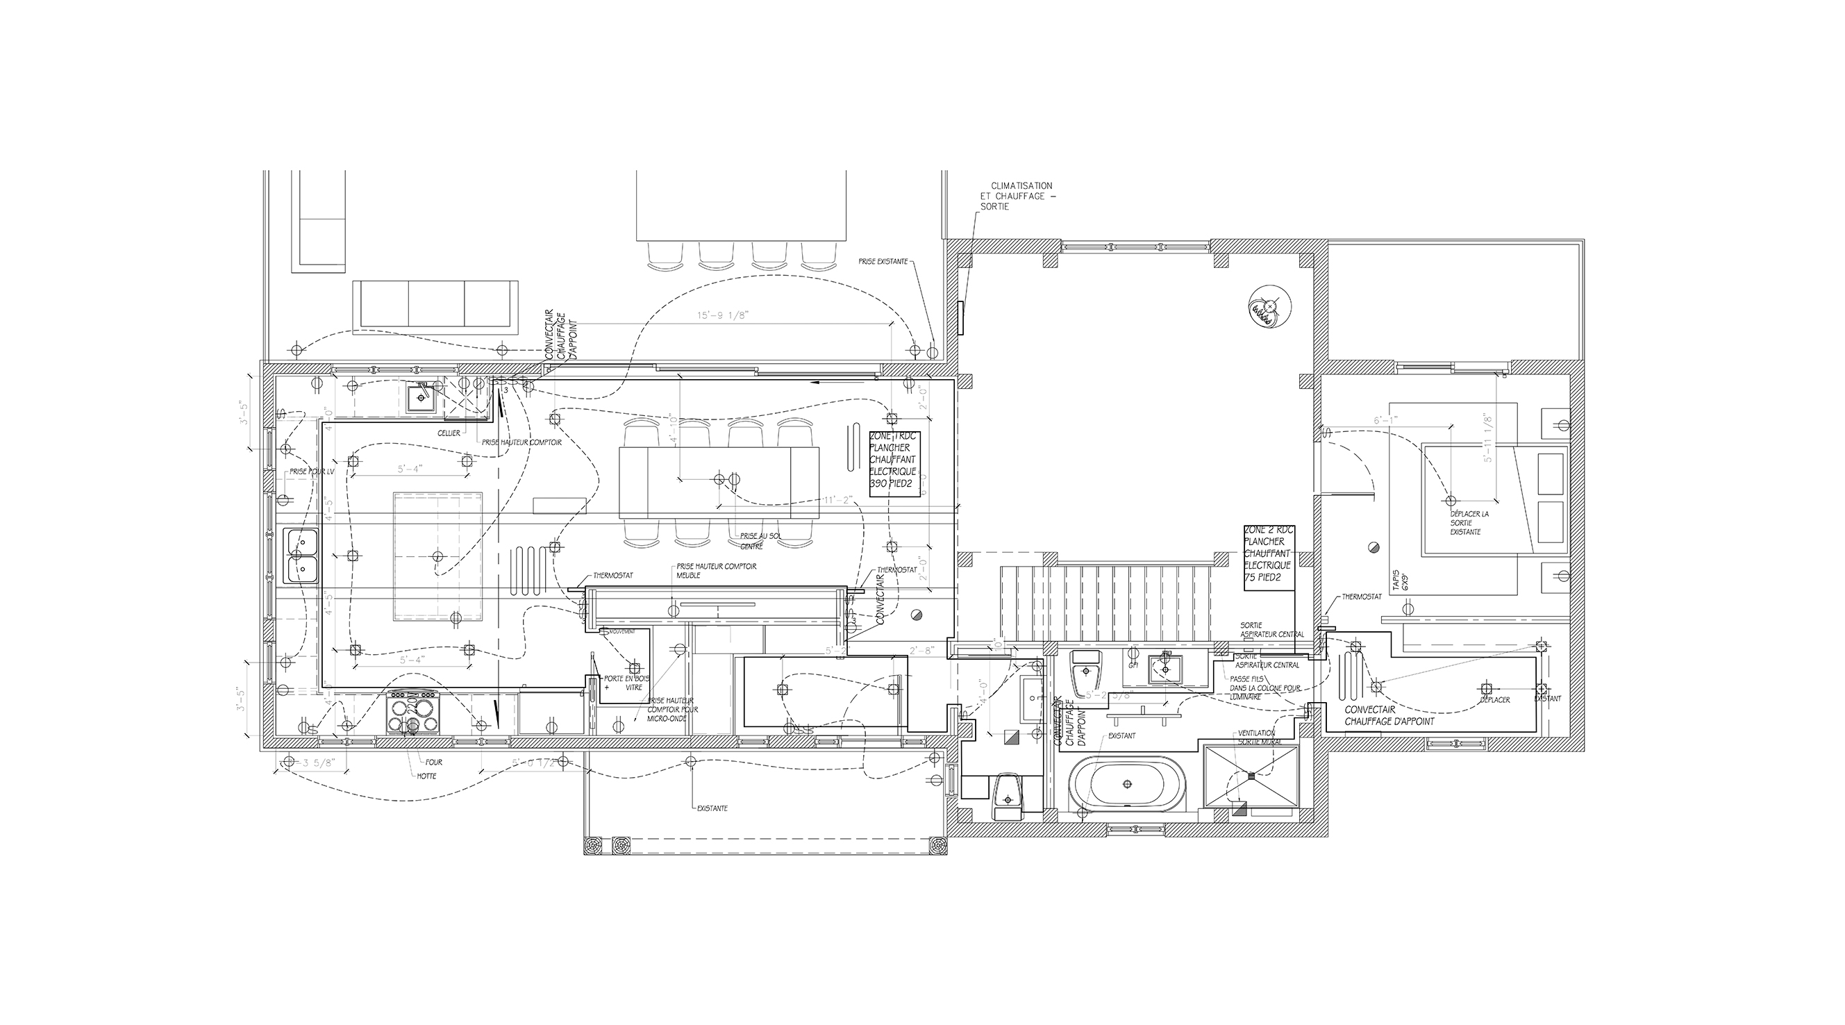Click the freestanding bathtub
pos(1126,784)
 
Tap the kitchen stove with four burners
pos(412,712)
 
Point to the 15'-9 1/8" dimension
pos(724,315)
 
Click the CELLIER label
pos(449,433)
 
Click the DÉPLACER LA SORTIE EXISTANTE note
pos(1469,523)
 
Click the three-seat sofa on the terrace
pos(435,306)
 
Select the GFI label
pos(1133,665)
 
